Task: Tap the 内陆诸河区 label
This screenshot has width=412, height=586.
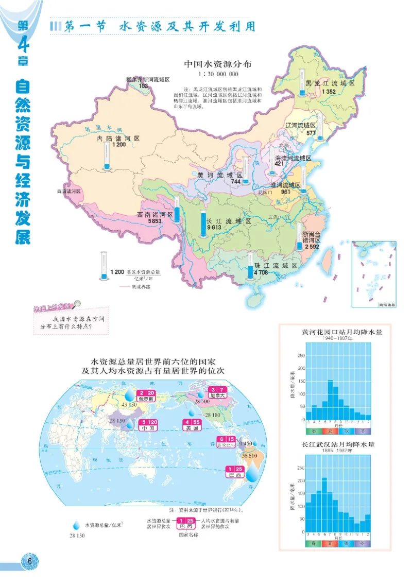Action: (x=119, y=139)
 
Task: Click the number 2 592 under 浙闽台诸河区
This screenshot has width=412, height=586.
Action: (x=312, y=247)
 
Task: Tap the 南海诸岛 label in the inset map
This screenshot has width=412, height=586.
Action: (x=386, y=305)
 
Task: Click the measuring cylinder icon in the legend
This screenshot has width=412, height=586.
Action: (x=105, y=267)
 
